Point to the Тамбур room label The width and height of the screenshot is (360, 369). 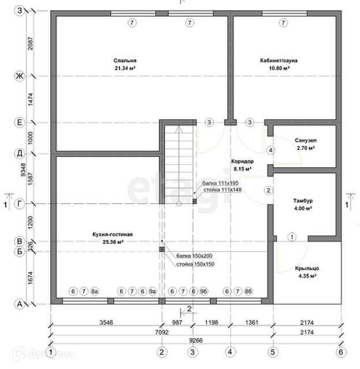tap(302, 200)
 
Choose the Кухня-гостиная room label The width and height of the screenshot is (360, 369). tap(112, 235)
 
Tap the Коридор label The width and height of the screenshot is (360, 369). tap(242, 162)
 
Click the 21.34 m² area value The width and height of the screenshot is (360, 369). tap(125, 68)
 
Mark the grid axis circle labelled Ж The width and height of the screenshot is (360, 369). tap(19, 76)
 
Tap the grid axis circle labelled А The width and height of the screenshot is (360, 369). tap(19, 304)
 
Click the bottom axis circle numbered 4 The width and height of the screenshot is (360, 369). tap(230, 351)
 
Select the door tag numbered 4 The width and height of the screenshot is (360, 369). tap(270, 150)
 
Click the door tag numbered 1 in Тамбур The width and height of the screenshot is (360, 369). tap(292, 237)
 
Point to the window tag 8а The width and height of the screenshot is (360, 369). tap(95, 292)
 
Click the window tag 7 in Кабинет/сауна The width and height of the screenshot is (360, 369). tap(283, 23)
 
